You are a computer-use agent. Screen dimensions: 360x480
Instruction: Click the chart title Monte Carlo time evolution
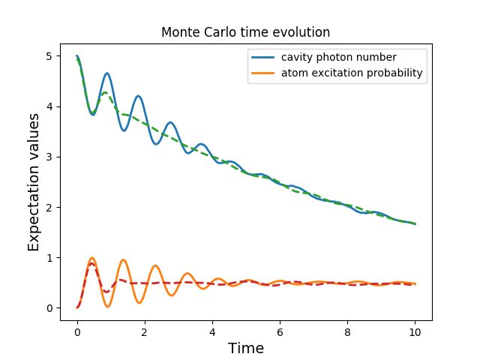pos(245,32)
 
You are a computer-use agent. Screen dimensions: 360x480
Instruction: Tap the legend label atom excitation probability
pos(352,73)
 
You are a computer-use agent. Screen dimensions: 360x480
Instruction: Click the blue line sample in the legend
pos(265,58)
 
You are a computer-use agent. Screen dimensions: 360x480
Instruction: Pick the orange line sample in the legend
pos(265,73)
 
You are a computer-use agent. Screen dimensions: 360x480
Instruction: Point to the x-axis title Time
pos(246,348)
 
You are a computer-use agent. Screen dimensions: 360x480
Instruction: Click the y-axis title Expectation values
pos(34,182)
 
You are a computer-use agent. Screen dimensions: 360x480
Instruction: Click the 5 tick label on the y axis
pos(49,56)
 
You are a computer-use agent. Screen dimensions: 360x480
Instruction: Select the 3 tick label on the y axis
pos(49,157)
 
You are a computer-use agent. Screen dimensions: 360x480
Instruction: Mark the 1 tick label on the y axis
pos(49,257)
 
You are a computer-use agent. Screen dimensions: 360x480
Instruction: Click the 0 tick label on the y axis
pos(49,308)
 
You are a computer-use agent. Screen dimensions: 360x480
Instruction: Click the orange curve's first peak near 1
pos(92,258)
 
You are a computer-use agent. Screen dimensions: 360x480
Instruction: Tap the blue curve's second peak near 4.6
pos(107,73)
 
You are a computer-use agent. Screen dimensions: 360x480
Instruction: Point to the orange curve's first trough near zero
pos(108,306)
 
